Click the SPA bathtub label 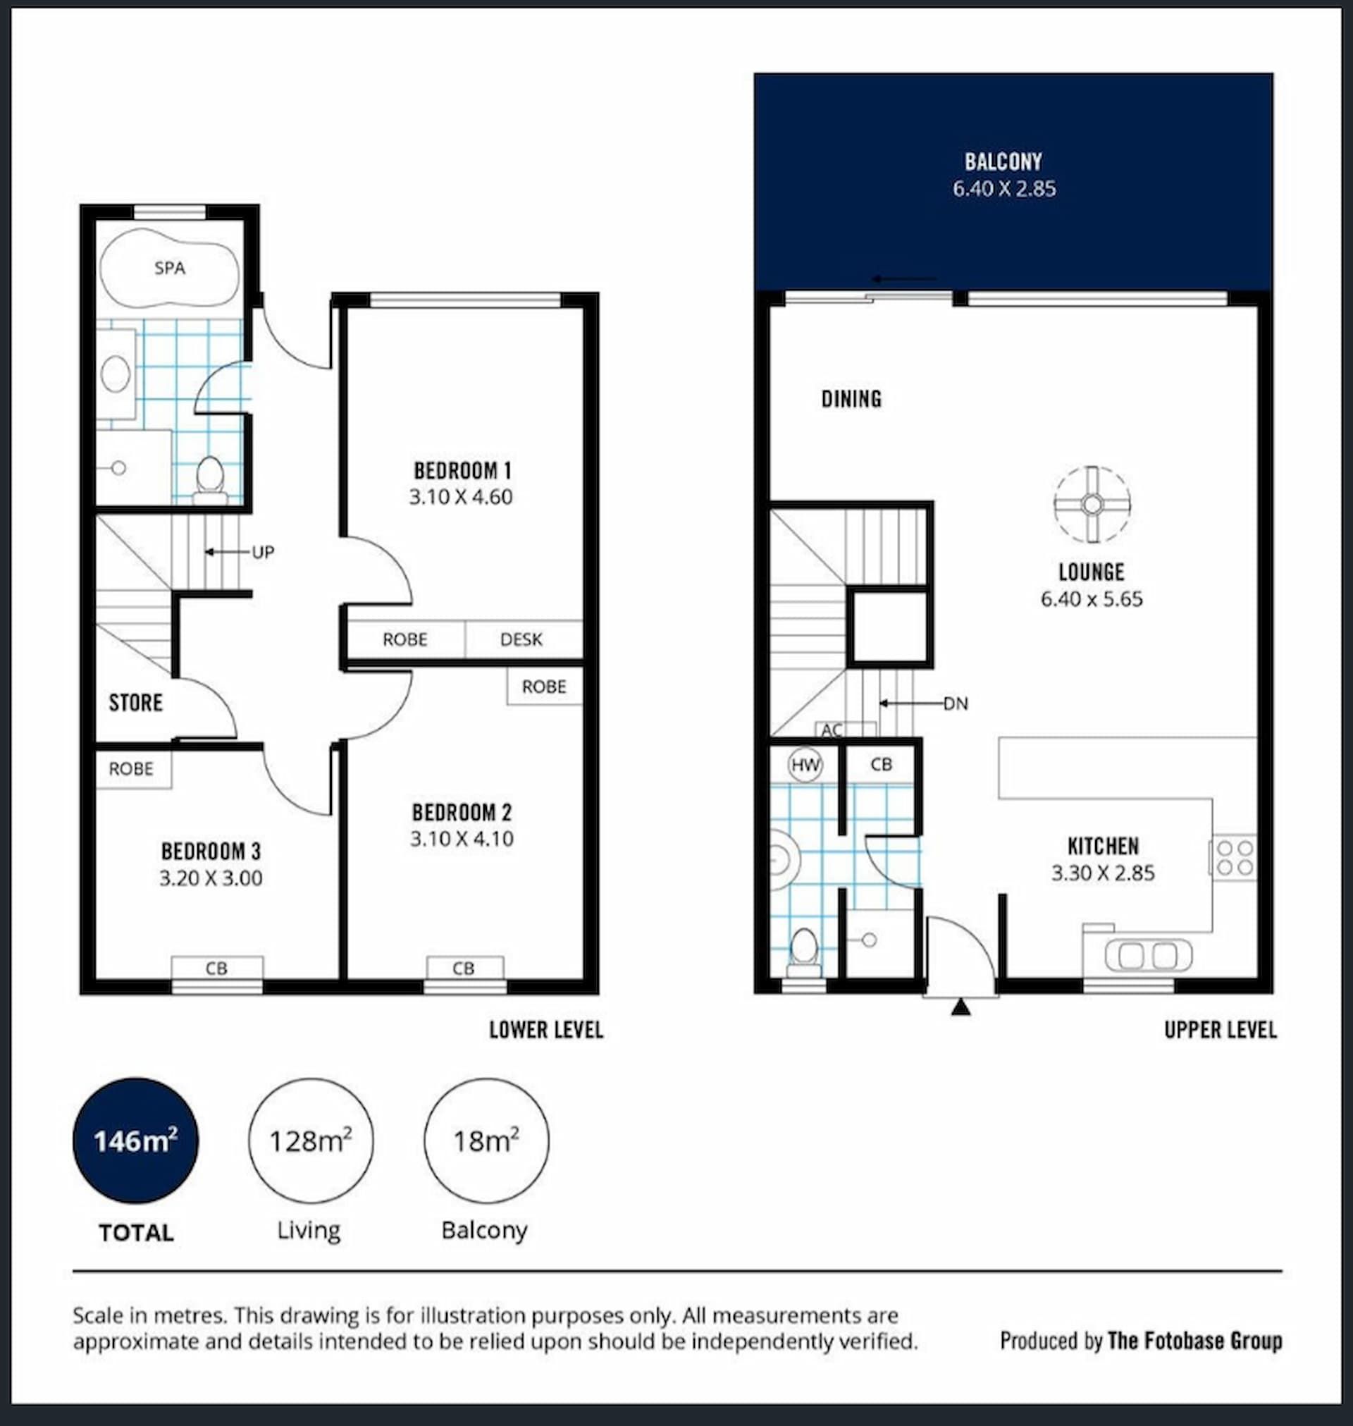pyautogui.click(x=170, y=269)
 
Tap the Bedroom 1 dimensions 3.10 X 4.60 pyautogui.click(x=461, y=497)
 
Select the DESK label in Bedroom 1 pyautogui.click(x=521, y=639)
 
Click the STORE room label pyautogui.click(x=135, y=703)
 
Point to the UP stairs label pyautogui.click(x=263, y=553)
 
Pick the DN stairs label pyautogui.click(x=956, y=703)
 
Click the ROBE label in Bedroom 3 pyautogui.click(x=131, y=769)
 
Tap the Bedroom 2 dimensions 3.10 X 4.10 pyautogui.click(x=462, y=839)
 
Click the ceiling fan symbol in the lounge pyautogui.click(x=1092, y=505)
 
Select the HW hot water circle pyautogui.click(x=805, y=765)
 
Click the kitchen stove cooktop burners pyautogui.click(x=1235, y=858)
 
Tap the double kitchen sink pyautogui.click(x=1148, y=956)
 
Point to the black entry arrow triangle pyautogui.click(x=960, y=1007)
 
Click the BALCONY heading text pyautogui.click(x=1003, y=161)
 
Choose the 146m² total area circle pyautogui.click(x=135, y=1141)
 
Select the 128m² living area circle pyautogui.click(x=311, y=1141)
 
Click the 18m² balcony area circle pyautogui.click(x=486, y=1141)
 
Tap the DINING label pyautogui.click(x=851, y=399)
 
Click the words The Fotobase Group pyautogui.click(x=1195, y=1341)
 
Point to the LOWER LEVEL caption pyautogui.click(x=546, y=1030)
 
